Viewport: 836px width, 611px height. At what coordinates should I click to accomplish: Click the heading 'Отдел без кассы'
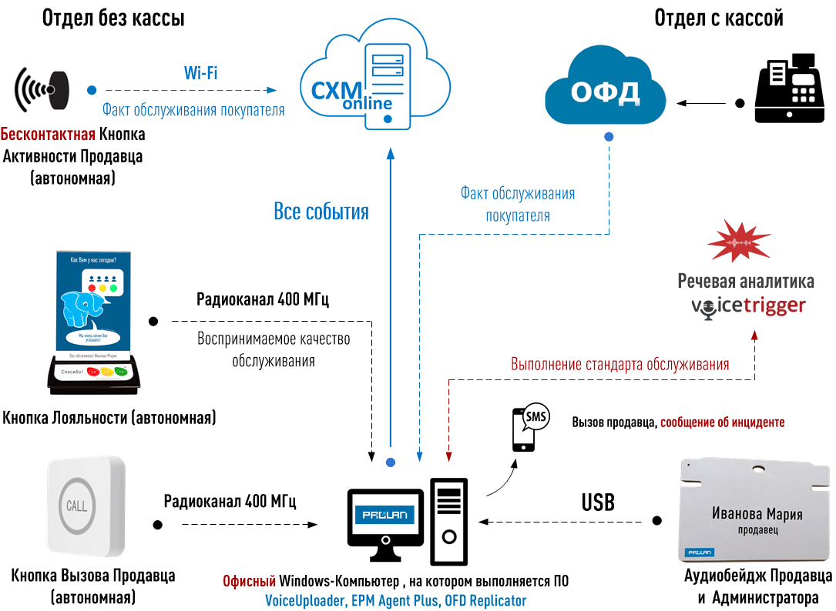(x=113, y=18)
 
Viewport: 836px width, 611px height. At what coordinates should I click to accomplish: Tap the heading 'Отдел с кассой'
(x=718, y=18)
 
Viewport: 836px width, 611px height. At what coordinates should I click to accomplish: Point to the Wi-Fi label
(x=200, y=73)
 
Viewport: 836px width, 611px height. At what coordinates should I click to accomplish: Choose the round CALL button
(x=77, y=506)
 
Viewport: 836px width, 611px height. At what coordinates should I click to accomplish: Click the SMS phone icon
(x=528, y=428)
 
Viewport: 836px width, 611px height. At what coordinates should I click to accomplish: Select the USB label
(x=598, y=502)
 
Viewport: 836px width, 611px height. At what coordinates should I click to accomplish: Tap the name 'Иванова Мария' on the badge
(x=757, y=514)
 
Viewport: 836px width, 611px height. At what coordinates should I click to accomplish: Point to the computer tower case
(x=448, y=519)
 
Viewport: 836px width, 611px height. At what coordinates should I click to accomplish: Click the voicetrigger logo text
(x=747, y=306)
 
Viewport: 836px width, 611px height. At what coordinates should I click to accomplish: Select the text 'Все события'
(x=321, y=212)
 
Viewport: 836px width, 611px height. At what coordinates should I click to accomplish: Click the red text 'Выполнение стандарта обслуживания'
(x=620, y=364)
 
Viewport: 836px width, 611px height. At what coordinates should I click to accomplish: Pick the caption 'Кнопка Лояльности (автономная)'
(x=109, y=418)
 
